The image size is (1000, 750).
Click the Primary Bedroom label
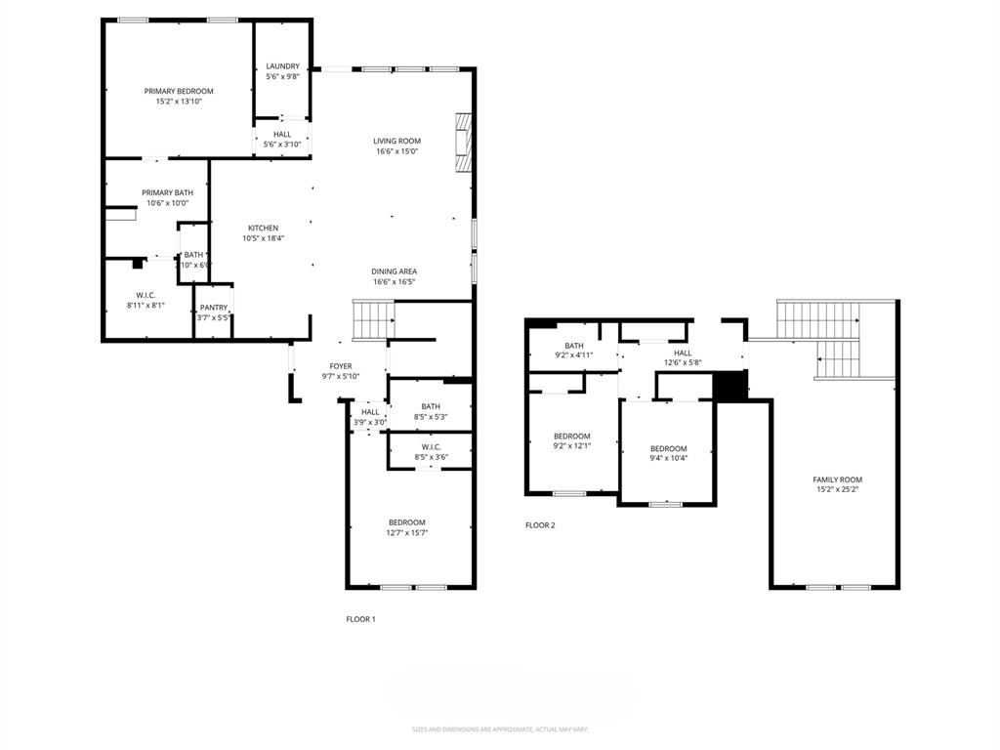click(x=178, y=91)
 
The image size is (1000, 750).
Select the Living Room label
click(x=396, y=141)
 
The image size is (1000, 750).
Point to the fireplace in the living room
click(x=462, y=143)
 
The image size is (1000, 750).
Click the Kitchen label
click(x=263, y=228)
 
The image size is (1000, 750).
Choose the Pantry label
click(x=214, y=308)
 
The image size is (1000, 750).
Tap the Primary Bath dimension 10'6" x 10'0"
click(x=169, y=203)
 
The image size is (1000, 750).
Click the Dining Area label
click(x=394, y=271)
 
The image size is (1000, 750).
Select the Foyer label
click(x=340, y=366)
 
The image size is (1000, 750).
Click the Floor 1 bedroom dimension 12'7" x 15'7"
click(x=406, y=532)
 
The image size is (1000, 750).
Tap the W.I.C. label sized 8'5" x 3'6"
click(x=431, y=445)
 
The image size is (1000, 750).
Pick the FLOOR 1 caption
click(x=360, y=619)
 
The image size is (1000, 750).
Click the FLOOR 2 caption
click(x=540, y=525)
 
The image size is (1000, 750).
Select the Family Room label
click(x=837, y=479)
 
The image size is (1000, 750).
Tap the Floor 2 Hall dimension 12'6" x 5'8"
click(x=682, y=363)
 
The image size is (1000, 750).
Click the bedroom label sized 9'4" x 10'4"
click(x=669, y=448)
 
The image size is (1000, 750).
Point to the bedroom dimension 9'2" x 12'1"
click(x=571, y=446)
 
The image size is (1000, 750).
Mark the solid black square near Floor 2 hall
click(x=729, y=386)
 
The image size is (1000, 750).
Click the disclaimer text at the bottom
click(x=500, y=729)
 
